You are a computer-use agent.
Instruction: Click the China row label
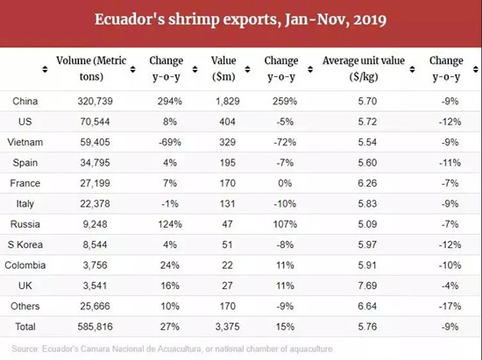tap(25, 101)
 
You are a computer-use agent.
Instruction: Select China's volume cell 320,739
tap(95, 101)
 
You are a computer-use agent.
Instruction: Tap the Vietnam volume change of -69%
tap(170, 142)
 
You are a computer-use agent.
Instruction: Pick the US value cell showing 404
tap(227, 122)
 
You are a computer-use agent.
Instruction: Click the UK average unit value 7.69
tap(367, 286)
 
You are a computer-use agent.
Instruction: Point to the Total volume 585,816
tap(95, 327)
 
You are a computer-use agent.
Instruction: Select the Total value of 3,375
tap(227, 327)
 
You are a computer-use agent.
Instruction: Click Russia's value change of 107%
tap(285, 224)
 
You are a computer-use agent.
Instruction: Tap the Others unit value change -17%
tap(450, 306)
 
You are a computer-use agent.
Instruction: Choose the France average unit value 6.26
tap(367, 183)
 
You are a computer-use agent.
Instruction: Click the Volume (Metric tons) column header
tap(91, 68)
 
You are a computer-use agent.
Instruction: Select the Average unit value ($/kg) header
tap(364, 68)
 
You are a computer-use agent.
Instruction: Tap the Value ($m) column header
tap(223, 68)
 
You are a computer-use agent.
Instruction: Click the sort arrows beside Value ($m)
tap(247, 69)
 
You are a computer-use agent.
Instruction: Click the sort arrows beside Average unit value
tap(412, 69)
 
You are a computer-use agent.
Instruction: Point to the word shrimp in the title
tap(194, 20)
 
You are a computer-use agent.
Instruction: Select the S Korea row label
tap(25, 244)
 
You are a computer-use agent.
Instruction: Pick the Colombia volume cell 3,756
tap(95, 265)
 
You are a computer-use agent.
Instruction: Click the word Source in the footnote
tap(25, 349)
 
